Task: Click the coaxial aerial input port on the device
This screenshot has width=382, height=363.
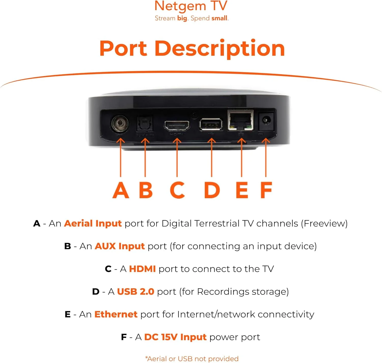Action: pos(119,124)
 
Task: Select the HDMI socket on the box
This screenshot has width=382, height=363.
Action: pos(177,126)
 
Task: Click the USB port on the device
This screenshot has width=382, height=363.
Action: pos(211,124)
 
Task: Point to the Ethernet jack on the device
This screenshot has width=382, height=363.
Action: pos(240,120)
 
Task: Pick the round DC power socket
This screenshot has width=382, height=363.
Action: pos(266,120)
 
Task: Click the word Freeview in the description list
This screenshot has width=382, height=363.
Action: pos(324,223)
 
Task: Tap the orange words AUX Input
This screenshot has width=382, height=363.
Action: pos(120,246)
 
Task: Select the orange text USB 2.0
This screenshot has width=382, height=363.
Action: pos(135,292)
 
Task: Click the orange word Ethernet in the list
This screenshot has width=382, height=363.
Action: pos(116,314)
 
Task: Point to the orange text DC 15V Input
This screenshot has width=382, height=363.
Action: pos(175,337)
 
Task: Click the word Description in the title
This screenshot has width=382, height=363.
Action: pos(220,48)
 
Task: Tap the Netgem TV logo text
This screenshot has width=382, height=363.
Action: pos(191,6)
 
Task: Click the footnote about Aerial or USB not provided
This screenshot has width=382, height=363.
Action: pos(192,359)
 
